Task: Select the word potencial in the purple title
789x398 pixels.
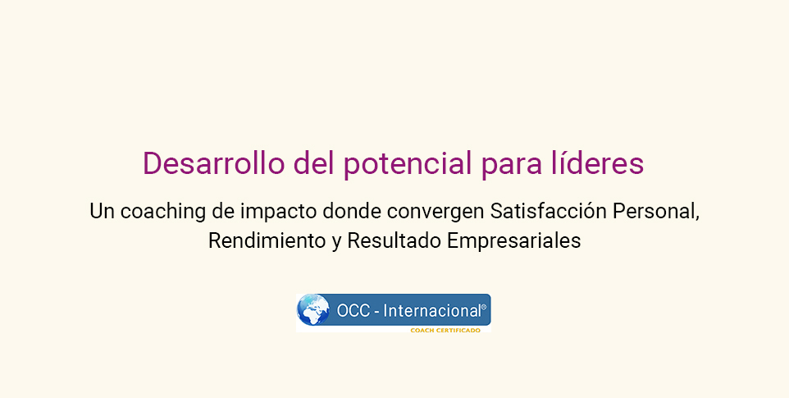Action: [x=408, y=164]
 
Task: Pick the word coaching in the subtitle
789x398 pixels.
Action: [x=163, y=212]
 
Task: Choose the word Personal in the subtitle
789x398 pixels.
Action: [x=655, y=212]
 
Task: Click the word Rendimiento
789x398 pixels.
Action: [x=267, y=240]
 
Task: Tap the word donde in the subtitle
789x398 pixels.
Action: [x=352, y=211]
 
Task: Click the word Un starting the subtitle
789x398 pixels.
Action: [x=103, y=212]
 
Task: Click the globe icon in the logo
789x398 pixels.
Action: [x=313, y=309]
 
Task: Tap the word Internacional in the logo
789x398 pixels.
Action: [x=431, y=311]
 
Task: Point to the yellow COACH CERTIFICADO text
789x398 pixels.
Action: [x=445, y=331]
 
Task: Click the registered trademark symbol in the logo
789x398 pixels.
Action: [x=484, y=306]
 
